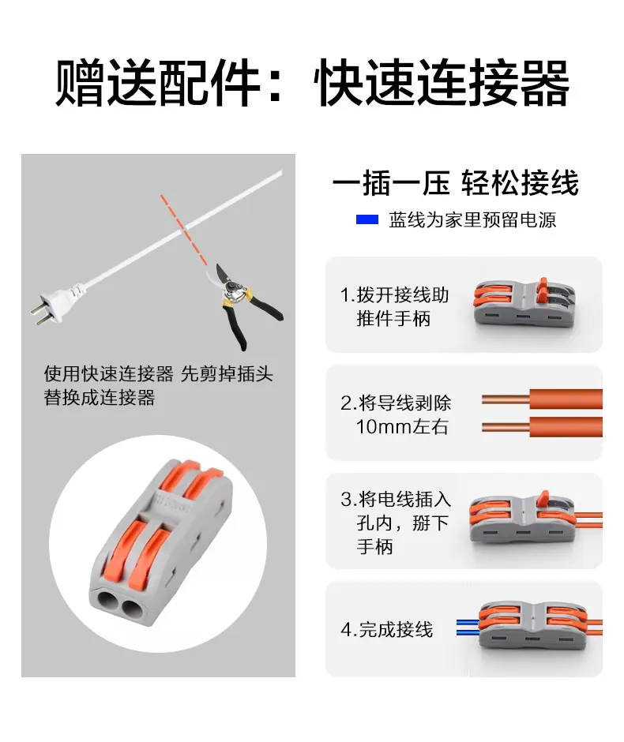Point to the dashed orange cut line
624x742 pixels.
183,230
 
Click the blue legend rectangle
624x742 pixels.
367,219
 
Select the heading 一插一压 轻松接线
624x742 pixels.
456,182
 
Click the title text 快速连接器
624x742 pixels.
442,82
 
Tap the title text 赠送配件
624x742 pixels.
158,82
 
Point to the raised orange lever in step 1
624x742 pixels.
543,287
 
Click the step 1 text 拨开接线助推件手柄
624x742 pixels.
394,306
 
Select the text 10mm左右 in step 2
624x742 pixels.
401,426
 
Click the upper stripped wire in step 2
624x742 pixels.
542,399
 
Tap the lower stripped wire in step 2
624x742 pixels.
542,427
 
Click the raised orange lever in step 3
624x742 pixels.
543,499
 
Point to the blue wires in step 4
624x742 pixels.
468,627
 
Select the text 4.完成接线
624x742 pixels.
386,629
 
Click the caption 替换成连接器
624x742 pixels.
100,398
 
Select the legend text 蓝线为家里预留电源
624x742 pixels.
472,220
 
